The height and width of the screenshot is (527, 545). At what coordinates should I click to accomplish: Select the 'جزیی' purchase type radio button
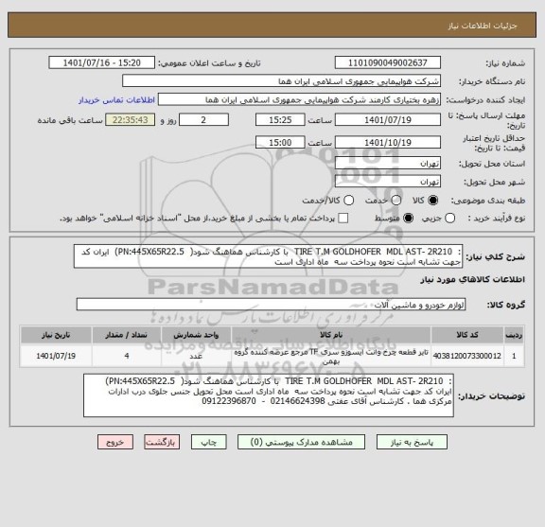point(463,219)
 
